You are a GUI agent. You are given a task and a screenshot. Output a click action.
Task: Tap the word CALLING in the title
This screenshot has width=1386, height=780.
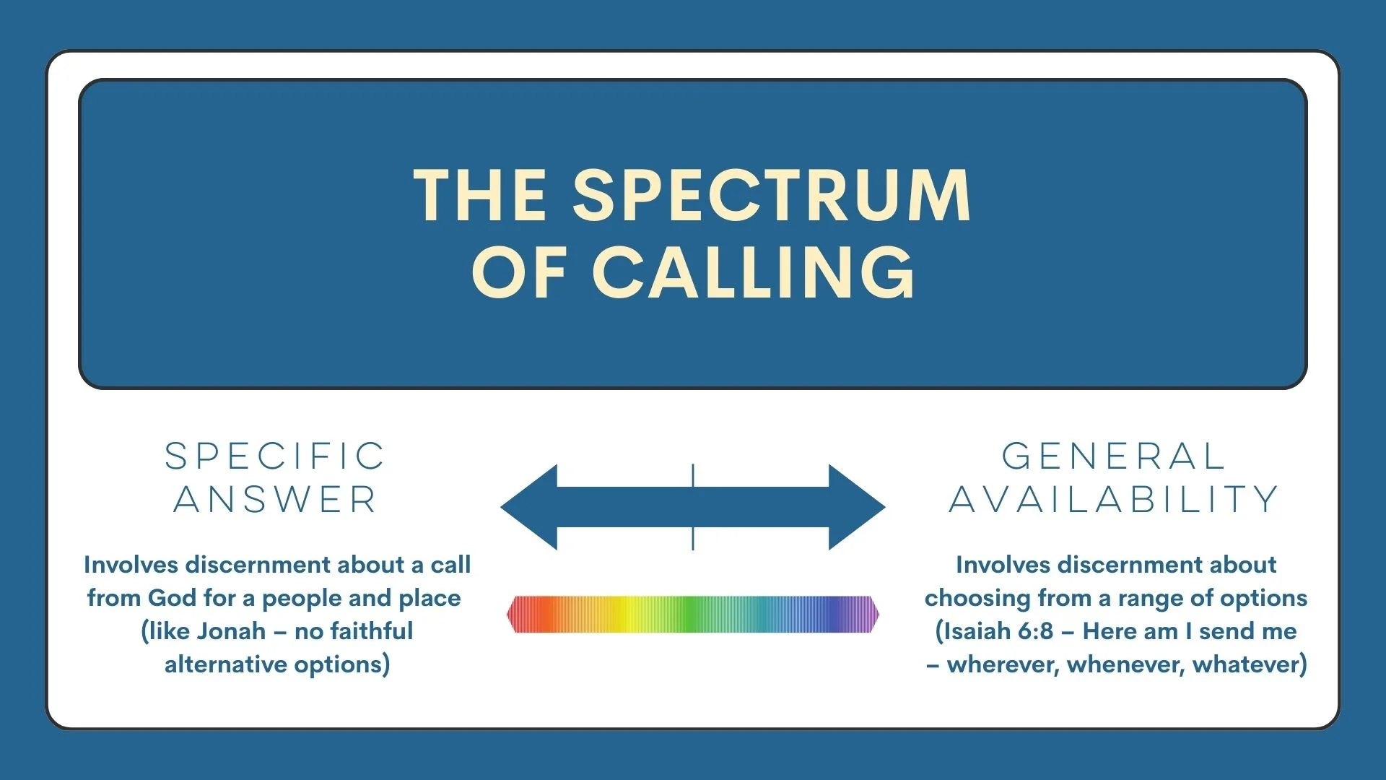pyautogui.click(x=754, y=272)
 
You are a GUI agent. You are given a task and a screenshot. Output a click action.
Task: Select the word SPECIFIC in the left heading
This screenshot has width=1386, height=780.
pyautogui.click(x=275, y=456)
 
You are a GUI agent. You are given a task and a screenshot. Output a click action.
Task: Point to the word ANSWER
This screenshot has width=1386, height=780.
pyautogui.click(x=275, y=500)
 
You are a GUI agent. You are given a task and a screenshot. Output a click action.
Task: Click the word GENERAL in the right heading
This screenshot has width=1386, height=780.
pyautogui.click(x=1114, y=456)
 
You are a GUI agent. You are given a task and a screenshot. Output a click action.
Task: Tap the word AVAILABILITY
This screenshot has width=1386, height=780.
pyautogui.click(x=1114, y=500)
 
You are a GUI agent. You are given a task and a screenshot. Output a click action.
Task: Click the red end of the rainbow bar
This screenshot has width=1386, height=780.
pyautogui.click(x=523, y=615)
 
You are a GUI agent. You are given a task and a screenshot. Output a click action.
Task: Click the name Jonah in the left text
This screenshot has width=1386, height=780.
pyautogui.click(x=232, y=631)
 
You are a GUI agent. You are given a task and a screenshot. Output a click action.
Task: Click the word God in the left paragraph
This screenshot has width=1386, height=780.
pyautogui.click(x=172, y=598)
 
